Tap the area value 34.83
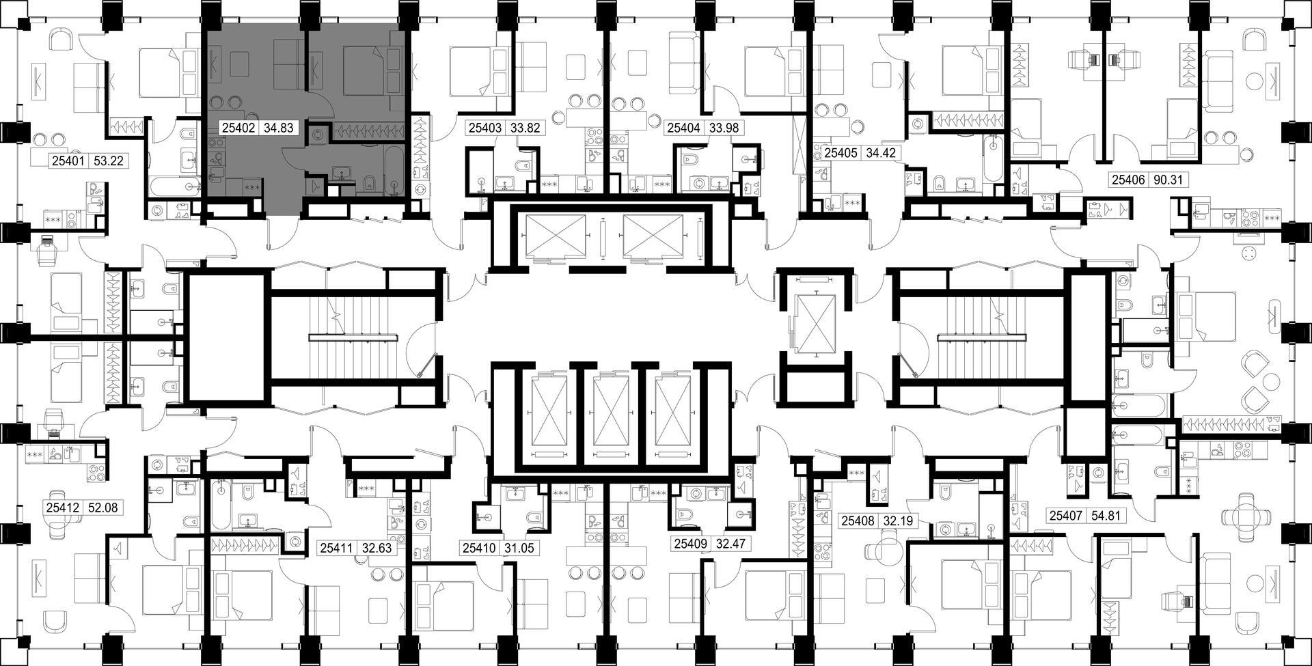[277, 128]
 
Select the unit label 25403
[484, 128]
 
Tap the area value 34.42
[880, 153]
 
